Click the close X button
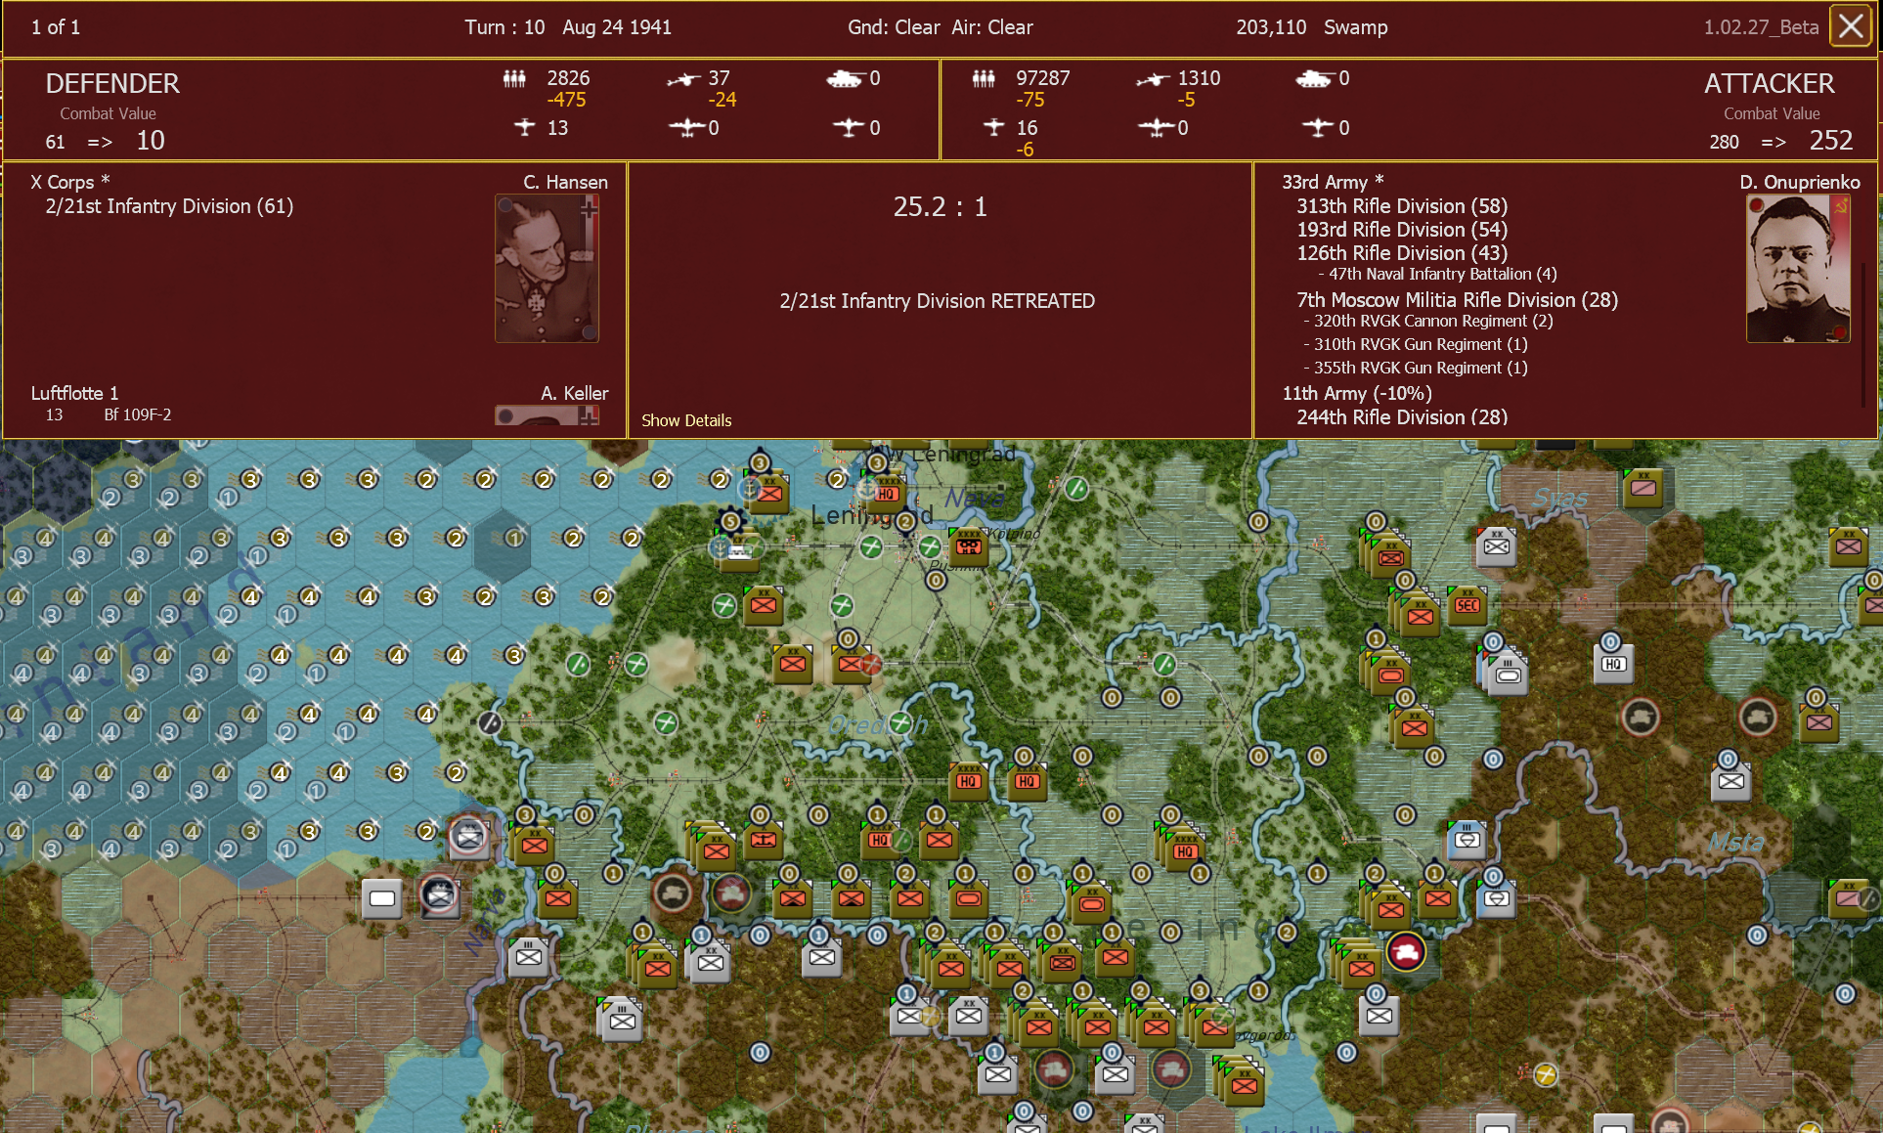click(x=1850, y=26)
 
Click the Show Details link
click(x=685, y=420)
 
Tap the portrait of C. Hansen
click(x=547, y=268)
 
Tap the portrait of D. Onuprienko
click(x=1797, y=268)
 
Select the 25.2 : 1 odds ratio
click(x=940, y=207)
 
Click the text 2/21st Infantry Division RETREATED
click(x=937, y=301)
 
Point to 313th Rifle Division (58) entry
click(x=1401, y=206)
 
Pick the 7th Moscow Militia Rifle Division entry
click(x=1457, y=300)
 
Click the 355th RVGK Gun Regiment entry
click(x=1420, y=368)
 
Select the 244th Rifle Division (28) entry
click(x=1401, y=417)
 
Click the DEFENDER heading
click(x=112, y=84)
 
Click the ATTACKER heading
click(x=1769, y=84)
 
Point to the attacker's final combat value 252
click(x=1830, y=141)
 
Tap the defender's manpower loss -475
click(x=566, y=100)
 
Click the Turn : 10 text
click(x=504, y=27)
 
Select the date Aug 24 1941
click(x=617, y=27)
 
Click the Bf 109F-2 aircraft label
click(x=138, y=414)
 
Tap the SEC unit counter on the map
click(x=1467, y=606)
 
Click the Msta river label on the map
click(x=1735, y=842)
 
